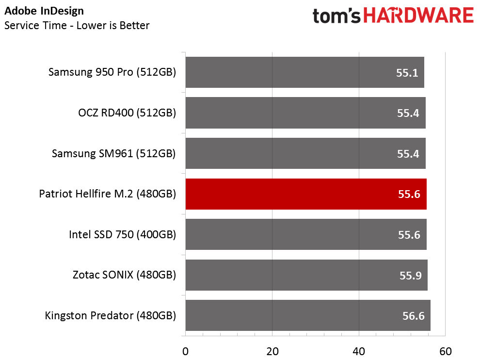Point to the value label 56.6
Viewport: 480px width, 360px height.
coord(414,316)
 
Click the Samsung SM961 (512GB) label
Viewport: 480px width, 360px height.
coord(114,154)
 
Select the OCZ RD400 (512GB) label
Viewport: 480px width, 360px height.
coord(127,113)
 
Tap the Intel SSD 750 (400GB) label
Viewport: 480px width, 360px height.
coord(123,235)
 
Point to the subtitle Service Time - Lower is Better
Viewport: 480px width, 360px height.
coord(77,26)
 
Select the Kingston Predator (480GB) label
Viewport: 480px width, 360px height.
coord(111,316)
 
